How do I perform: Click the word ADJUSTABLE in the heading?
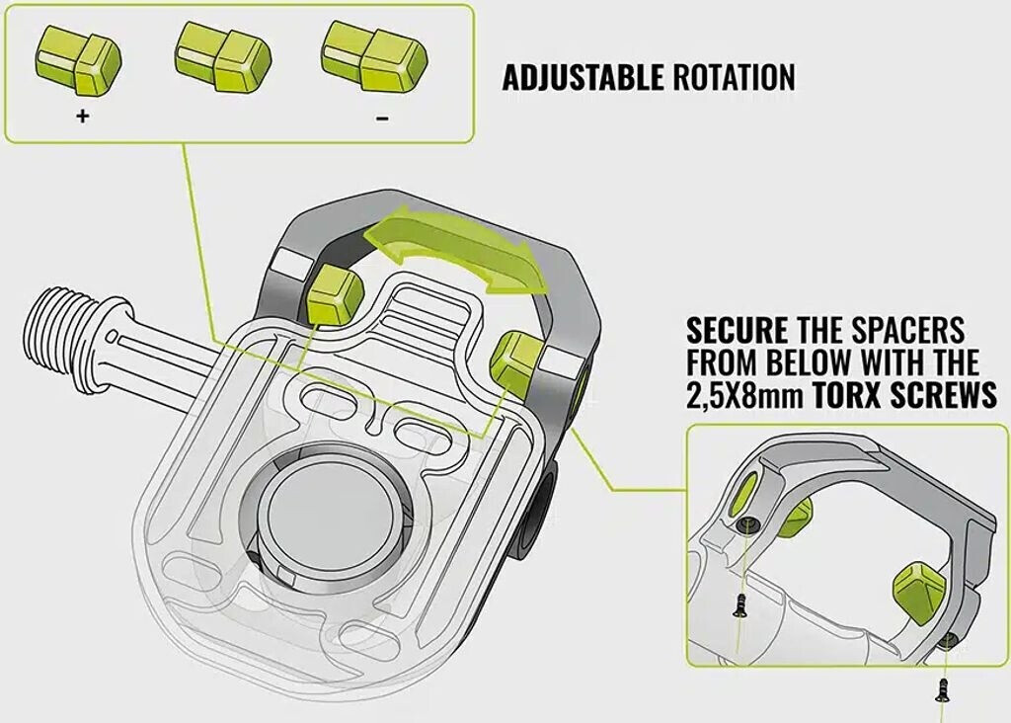point(583,78)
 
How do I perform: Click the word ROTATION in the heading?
point(734,78)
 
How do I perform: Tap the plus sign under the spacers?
point(82,117)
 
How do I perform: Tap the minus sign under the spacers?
point(382,118)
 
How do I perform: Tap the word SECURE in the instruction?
point(737,329)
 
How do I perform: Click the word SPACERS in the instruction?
point(903,329)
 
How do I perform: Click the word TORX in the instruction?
point(848,396)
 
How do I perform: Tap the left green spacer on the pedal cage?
point(333,293)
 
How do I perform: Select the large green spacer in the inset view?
point(918,591)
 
